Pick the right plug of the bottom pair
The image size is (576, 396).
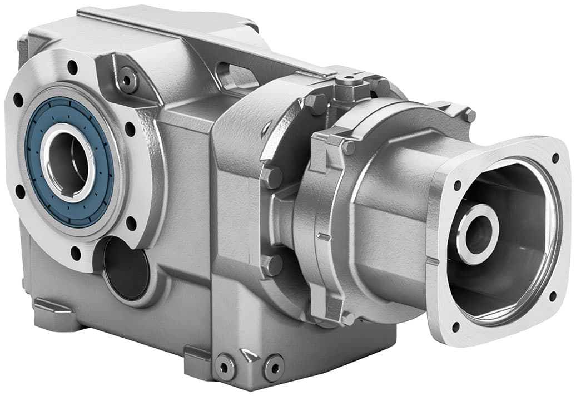click(x=273, y=366)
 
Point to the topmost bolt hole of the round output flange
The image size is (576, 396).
click(x=72, y=67)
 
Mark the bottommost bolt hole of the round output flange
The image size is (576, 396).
click(x=76, y=253)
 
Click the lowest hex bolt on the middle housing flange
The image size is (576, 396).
click(x=272, y=265)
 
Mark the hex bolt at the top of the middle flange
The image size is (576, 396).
click(x=316, y=103)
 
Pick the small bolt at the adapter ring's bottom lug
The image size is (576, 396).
click(x=347, y=318)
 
